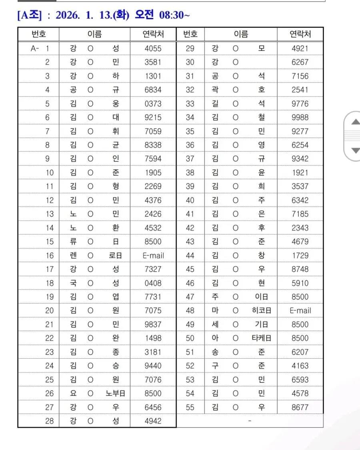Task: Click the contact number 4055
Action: tap(153, 48)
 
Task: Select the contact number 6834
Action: tap(153, 90)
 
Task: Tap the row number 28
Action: tap(49, 421)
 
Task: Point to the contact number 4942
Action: tap(153, 421)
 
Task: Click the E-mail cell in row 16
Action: tap(153, 255)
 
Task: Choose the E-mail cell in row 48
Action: tap(300, 310)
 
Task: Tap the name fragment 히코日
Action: tap(262, 310)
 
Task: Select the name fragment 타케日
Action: tap(262, 338)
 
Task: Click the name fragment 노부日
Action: tap(116, 393)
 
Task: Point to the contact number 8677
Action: tap(300, 407)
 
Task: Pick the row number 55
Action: tap(190, 407)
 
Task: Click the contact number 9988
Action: tap(300, 117)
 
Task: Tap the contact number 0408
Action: tap(153, 283)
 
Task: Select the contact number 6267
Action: tap(300, 62)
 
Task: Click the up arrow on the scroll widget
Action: tap(355, 122)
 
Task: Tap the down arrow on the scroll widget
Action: tap(355, 151)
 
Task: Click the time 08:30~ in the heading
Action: tap(174, 15)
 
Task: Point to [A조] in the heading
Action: tap(29, 15)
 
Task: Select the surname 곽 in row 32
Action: tap(215, 90)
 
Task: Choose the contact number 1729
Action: tap(300, 255)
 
